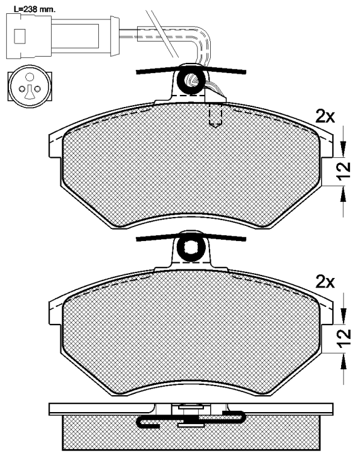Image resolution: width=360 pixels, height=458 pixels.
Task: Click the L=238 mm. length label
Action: pyautogui.click(x=35, y=9)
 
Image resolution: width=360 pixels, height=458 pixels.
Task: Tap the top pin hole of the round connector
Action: pyautogui.click(x=29, y=77)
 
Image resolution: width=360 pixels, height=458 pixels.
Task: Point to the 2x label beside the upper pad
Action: pyautogui.click(x=325, y=117)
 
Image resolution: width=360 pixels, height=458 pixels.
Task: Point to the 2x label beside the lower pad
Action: pyautogui.click(x=325, y=282)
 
